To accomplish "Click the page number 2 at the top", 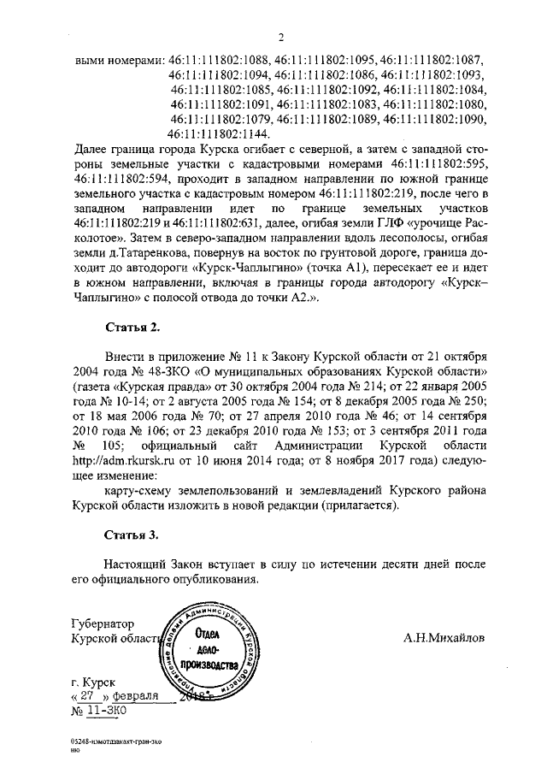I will click(279, 35).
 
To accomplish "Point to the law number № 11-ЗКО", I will click(100, 709).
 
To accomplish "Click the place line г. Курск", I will click(95, 682).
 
